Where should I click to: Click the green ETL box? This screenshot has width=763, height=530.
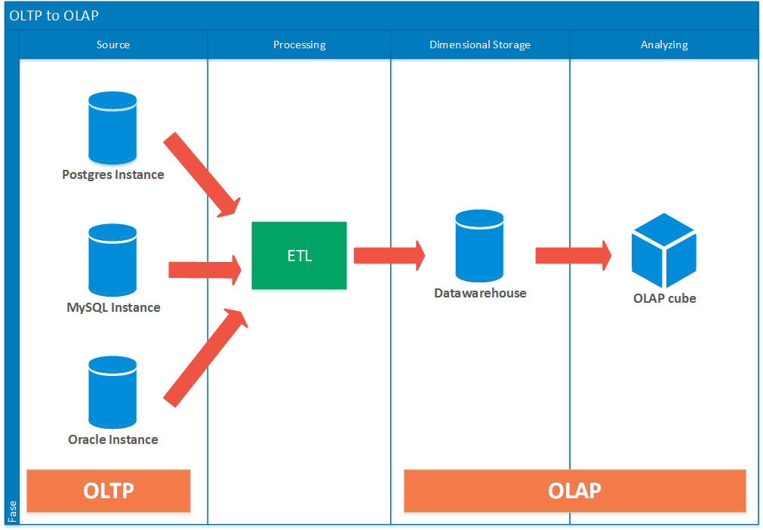tap(299, 255)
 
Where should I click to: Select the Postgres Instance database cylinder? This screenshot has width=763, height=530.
tap(112, 128)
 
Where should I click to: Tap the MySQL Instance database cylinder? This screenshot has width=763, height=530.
tap(112, 260)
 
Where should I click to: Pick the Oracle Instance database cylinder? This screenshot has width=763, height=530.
tap(112, 393)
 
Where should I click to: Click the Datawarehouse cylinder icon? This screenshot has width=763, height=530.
tap(479, 246)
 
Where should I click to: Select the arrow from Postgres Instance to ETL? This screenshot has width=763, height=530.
tap(202, 174)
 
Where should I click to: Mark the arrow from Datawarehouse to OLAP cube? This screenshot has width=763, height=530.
tap(573, 255)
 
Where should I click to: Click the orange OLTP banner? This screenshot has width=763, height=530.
tap(109, 491)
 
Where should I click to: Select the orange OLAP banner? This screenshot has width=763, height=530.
tap(574, 491)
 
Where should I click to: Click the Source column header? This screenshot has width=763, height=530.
tap(113, 45)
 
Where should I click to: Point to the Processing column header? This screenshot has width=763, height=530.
tap(299, 45)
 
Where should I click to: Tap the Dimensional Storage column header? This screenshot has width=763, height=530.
tap(480, 45)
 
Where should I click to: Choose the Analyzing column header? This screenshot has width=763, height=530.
tap(664, 45)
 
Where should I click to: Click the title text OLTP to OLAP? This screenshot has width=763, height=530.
tap(54, 15)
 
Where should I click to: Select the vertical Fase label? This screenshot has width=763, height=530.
tap(12, 511)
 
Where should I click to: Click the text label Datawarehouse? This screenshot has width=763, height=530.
tap(480, 293)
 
